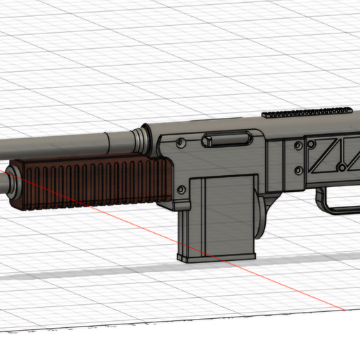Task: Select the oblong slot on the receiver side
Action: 226,140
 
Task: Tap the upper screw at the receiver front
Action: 181,142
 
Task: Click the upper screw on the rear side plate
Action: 299,145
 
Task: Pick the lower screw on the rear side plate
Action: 299,170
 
